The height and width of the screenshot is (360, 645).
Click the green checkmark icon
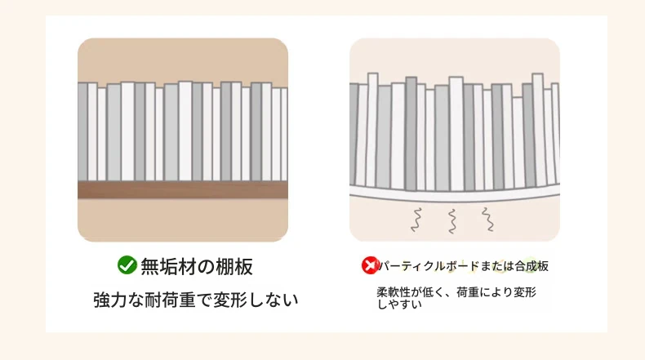pos(127,265)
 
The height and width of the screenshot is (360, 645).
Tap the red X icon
pos(370,265)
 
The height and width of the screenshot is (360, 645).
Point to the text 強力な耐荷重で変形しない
pos(195,300)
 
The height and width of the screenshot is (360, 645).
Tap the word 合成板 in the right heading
pos(532,266)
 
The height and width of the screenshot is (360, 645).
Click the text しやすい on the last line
pos(399,304)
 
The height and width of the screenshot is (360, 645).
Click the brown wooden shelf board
pos(183,190)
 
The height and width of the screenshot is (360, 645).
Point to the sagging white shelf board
pos(455,193)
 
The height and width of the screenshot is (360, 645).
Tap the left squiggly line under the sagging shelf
pos(417,220)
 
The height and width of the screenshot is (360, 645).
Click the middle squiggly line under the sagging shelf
pos(452,221)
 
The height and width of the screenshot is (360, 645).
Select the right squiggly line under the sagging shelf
pos(488,220)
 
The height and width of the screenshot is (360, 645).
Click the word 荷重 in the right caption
pos(468,292)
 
